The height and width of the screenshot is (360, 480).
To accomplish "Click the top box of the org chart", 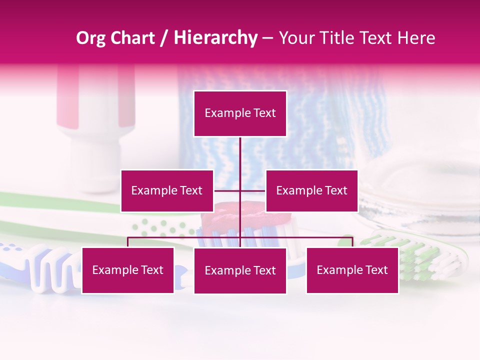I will click(x=240, y=113).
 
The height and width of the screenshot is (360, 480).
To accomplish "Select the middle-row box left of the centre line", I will click(x=167, y=190).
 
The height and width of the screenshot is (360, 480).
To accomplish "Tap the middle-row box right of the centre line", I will click(x=311, y=190).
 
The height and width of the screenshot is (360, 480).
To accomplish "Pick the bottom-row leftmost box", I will click(x=128, y=270).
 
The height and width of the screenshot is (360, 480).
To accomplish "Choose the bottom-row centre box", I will click(x=240, y=270).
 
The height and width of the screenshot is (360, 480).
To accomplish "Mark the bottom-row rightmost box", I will click(x=352, y=270).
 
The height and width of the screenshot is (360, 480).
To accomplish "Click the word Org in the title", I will click(x=90, y=38).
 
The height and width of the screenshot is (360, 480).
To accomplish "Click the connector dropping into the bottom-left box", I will click(x=128, y=242).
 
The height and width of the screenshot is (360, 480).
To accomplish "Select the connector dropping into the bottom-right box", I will click(x=352, y=242).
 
